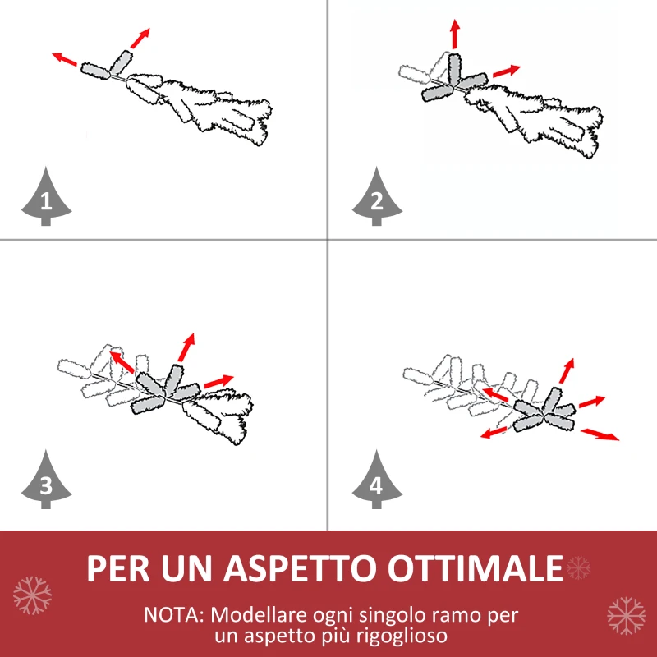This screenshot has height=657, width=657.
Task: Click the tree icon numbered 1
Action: point(46,198)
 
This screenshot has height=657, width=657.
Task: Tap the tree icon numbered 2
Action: point(376,198)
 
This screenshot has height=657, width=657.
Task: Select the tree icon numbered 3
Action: point(46,484)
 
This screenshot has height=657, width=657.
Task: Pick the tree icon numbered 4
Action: point(376,484)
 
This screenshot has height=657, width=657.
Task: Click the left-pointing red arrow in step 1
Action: point(65,59)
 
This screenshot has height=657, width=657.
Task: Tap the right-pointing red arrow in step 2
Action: point(506,71)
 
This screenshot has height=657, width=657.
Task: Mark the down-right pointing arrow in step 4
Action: point(600,434)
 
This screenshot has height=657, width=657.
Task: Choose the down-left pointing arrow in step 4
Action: point(494,430)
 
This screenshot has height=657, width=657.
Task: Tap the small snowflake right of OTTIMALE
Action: point(579,567)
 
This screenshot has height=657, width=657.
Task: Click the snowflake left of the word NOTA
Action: point(32,595)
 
